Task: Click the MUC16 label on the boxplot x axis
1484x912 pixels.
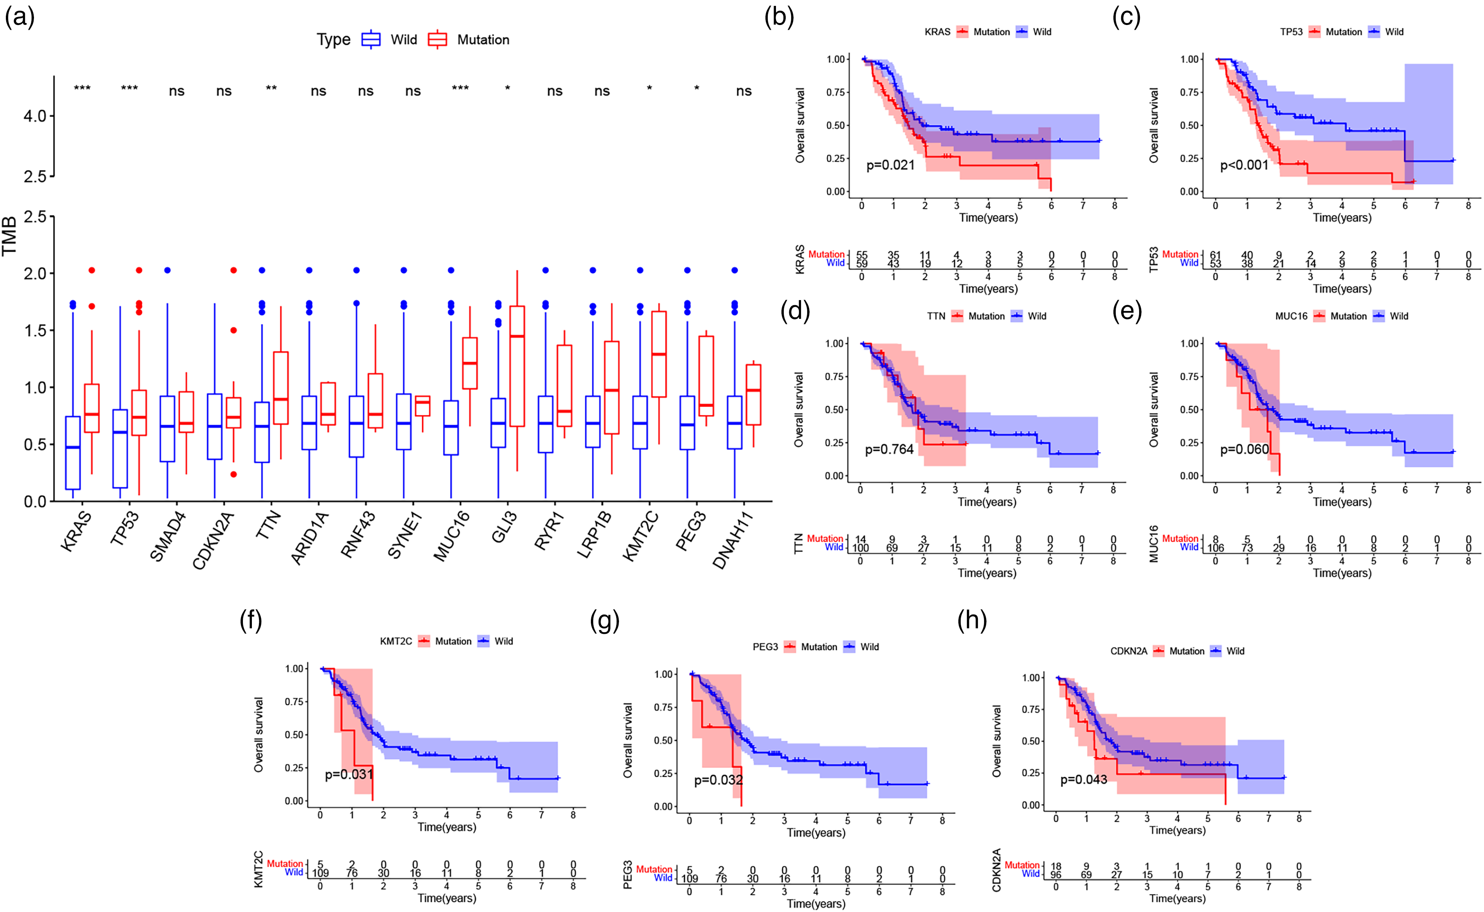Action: pos(452,536)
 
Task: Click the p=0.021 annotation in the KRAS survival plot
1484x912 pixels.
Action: pos(890,165)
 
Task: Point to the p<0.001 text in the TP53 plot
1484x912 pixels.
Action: pos(1244,165)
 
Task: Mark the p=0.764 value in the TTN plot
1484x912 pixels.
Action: pos(889,449)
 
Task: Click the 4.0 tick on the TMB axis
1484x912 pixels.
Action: pos(35,116)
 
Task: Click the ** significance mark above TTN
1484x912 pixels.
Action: pos(271,89)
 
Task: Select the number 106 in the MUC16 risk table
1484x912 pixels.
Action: pos(1216,548)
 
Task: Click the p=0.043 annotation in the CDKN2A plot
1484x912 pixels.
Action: pos(1084,780)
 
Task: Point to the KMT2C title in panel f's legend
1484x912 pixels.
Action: pos(396,641)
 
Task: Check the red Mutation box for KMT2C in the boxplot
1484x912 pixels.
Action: pos(659,354)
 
